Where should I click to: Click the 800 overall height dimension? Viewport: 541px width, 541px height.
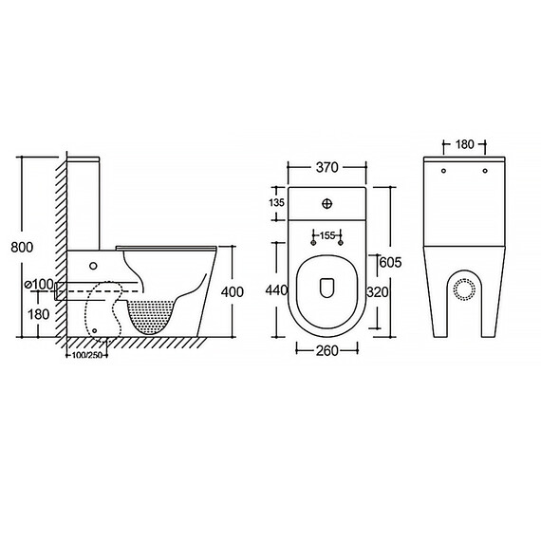pyautogui.click(x=22, y=247)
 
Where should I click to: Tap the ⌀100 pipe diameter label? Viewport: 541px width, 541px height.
pyautogui.click(x=40, y=285)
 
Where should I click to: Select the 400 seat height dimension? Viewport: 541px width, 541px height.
pyautogui.click(x=233, y=292)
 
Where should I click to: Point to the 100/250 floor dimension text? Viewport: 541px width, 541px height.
pyautogui.click(x=87, y=355)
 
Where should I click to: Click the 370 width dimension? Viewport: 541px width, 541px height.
pyautogui.click(x=327, y=167)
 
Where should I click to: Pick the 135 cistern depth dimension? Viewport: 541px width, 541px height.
pyautogui.click(x=277, y=202)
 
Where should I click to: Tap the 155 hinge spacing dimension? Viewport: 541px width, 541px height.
pyautogui.click(x=327, y=235)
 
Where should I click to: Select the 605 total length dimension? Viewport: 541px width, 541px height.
pyautogui.click(x=391, y=263)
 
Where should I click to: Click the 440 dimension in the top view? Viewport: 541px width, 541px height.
pyautogui.click(x=276, y=290)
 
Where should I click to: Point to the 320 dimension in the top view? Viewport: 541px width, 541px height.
pyautogui.click(x=378, y=292)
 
